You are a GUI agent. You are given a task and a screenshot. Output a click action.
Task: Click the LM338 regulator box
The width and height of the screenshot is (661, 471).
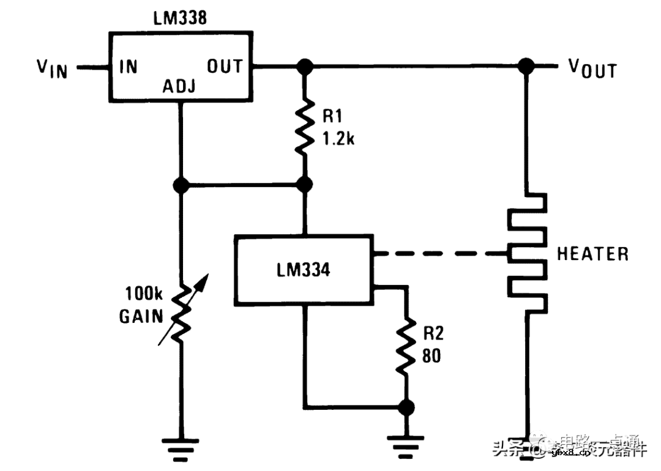[181, 66]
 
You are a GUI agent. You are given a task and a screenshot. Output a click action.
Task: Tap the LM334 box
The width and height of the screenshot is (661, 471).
[304, 269]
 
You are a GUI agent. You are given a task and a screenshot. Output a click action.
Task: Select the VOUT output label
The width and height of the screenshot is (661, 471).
[592, 69]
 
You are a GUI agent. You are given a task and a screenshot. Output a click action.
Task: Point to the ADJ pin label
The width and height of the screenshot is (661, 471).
[179, 87]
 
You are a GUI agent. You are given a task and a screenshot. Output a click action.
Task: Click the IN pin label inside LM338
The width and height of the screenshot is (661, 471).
[129, 66]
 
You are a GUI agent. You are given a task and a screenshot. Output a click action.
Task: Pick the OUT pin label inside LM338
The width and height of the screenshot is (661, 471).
[225, 66]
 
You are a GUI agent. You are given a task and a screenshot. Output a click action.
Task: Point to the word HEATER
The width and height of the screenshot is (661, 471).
[592, 254]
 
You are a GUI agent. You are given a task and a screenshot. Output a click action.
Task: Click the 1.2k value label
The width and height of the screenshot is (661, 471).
[338, 139]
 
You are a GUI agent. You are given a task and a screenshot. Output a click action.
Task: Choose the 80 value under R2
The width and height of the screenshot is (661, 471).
[431, 355]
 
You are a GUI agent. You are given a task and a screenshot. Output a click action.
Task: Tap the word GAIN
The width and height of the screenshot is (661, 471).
[141, 316]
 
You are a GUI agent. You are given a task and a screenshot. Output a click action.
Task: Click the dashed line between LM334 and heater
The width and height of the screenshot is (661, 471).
[441, 253]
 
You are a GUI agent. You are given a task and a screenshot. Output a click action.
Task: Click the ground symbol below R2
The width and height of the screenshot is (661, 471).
[405, 445]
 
